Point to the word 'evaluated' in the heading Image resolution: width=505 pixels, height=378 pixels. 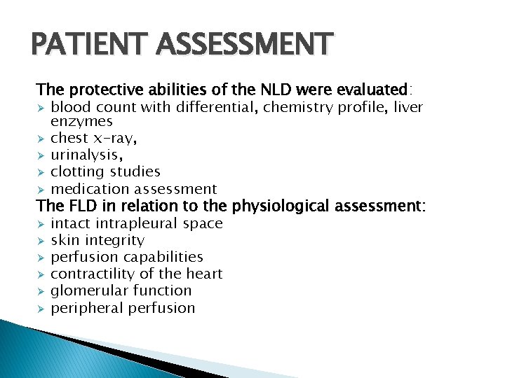(x=372, y=90)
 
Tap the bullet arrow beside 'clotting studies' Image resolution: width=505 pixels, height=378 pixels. (x=41, y=172)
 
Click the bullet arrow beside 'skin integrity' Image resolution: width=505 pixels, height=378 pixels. (x=41, y=241)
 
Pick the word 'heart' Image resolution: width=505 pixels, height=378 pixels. (x=201, y=274)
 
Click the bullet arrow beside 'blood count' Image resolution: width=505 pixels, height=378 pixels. (x=41, y=108)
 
